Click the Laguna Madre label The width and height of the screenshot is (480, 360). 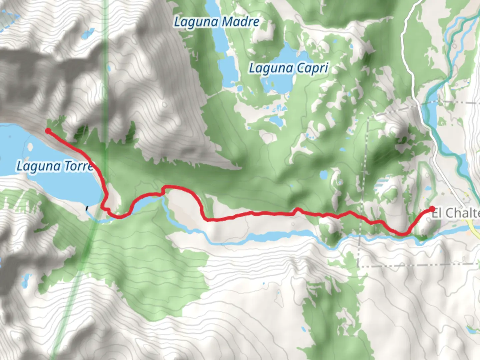pyautogui.click(x=217, y=22)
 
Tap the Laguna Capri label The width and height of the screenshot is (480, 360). pyautogui.click(x=289, y=68)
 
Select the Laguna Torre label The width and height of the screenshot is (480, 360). pyautogui.click(x=55, y=166)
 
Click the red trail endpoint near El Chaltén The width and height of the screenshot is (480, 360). pyautogui.click(x=432, y=209)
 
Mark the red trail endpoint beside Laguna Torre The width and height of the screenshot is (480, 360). pyautogui.click(x=48, y=131)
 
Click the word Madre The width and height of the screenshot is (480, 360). pyautogui.click(x=240, y=22)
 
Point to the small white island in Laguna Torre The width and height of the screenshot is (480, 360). pyautogui.click(x=31, y=146)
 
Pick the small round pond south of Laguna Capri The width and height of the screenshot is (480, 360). pyautogui.click(x=323, y=175)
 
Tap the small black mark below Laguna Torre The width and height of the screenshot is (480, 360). pyautogui.click(x=87, y=208)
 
